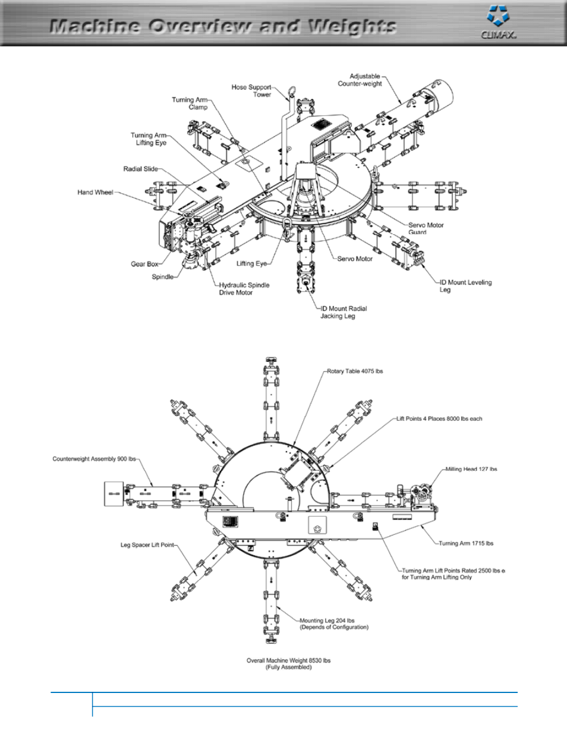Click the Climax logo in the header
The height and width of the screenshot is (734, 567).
[499, 22]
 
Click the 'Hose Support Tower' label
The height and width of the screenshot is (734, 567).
[251, 91]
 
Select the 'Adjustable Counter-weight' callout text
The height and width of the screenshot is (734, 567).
[360, 80]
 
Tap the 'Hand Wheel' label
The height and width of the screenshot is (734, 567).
[95, 192]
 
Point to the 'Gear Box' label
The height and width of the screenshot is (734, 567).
[144, 264]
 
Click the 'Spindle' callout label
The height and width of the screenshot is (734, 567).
[162, 276]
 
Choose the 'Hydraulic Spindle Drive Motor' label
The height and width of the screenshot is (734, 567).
[244, 289]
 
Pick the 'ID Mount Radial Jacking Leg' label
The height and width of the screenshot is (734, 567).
[344, 312]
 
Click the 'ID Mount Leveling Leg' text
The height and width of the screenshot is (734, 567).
[465, 286]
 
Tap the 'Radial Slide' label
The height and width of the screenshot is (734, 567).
[140, 169]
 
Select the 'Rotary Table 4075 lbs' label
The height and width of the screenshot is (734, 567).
[355, 371]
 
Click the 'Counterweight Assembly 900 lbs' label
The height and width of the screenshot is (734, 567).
[94, 459]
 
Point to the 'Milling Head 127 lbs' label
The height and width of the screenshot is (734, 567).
[471, 469]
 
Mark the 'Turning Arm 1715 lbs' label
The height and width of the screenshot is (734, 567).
[466, 543]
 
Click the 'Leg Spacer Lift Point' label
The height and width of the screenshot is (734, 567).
[147, 545]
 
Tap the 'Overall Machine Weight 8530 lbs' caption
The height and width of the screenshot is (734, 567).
[288, 664]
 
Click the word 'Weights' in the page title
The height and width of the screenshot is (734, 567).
[351, 26]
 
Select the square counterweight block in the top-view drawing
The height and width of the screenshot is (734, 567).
[114, 493]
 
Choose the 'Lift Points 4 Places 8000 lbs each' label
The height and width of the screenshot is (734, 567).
[439, 418]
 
